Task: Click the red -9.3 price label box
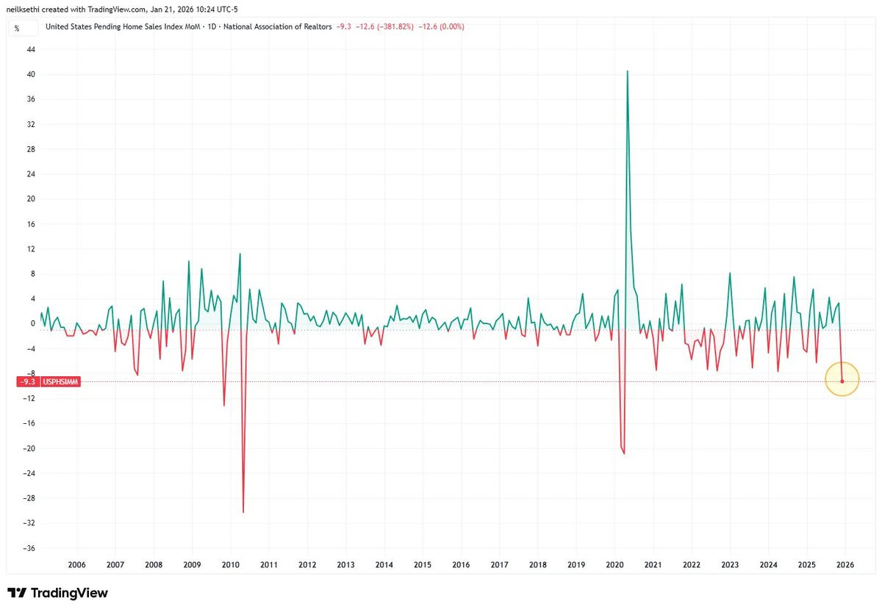click(28, 382)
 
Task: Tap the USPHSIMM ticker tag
click(60, 382)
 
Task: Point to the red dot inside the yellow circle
click(842, 381)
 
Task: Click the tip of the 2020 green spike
click(627, 71)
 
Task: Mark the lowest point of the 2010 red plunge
click(243, 512)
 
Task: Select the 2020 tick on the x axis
click(614, 565)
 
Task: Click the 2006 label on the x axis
click(76, 565)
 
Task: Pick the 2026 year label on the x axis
click(845, 565)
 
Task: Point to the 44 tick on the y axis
click(31, 49)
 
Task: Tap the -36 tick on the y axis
click(29, 548)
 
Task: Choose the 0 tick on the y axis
click(33, 323)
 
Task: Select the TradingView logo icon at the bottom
click(17, 593)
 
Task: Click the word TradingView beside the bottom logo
click(69, 593)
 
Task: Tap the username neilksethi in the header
click(23, 9)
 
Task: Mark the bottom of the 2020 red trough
click(624, 454)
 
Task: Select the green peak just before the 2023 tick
click(730, 273)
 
